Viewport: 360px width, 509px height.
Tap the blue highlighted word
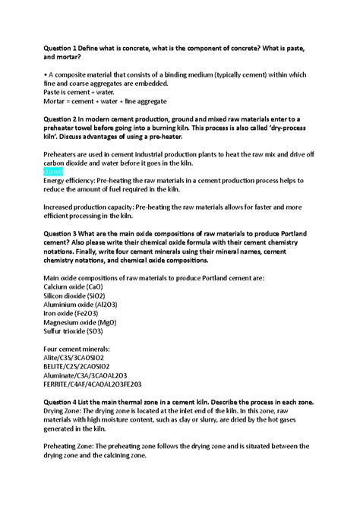pyautogui.click(x=53, y=171)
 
